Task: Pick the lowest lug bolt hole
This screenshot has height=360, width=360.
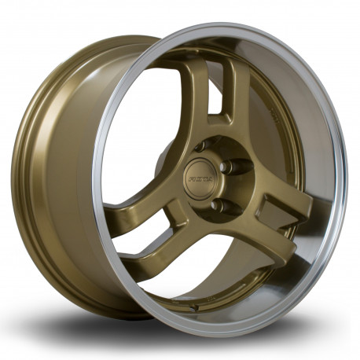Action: (217, 206)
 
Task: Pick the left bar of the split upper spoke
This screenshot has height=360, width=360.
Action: (197, 90)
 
